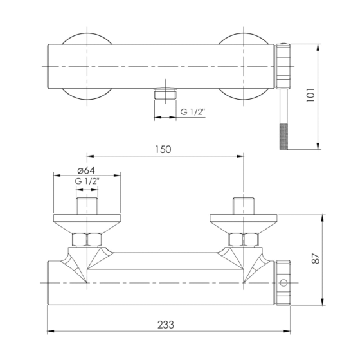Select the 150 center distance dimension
point(163,149)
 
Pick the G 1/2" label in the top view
point(193,112)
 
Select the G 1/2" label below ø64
point(87,182)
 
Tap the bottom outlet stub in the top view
point(166,94)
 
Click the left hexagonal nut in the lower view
point(87,240)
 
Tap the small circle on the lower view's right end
point(283,283)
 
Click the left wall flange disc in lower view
point(87,222)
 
